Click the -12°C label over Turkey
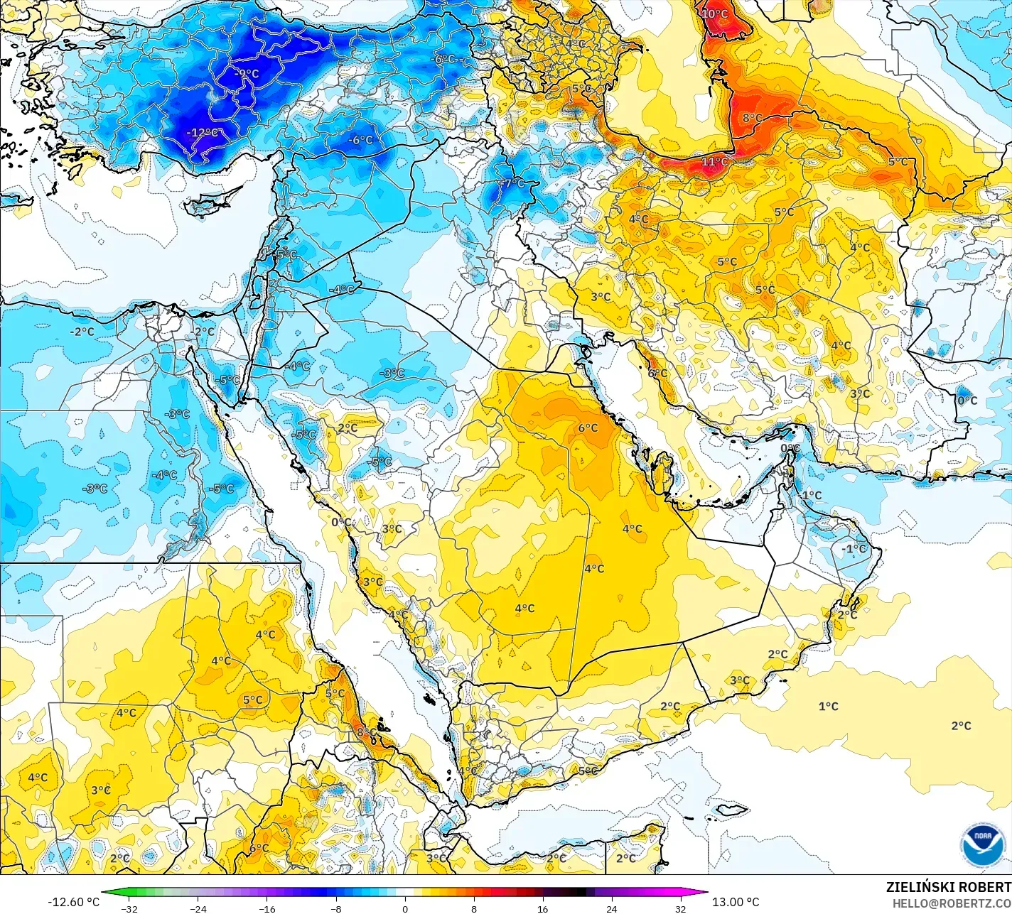pos(202,133)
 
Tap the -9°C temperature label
pos(247,74)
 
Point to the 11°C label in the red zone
pos(715,162)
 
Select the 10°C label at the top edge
pos(715,13)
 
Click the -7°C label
pos(511,183)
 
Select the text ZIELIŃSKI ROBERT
pos(948,887)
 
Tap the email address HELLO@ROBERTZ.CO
pos(952,903)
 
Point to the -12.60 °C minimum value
pos(73,902)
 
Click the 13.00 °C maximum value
pos(736,902)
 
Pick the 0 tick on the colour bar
pos(405,908)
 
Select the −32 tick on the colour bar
pos(129,908)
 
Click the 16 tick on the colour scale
pos(542,908)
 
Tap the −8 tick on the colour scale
pos(336,908)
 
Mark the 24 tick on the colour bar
pos(611,908)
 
